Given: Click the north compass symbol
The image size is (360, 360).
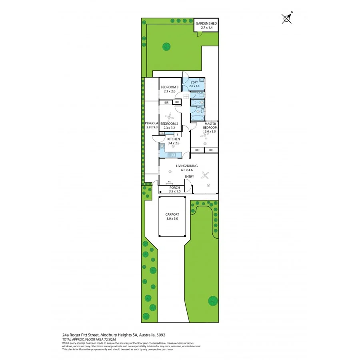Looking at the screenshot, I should pyautogui.click(x=287, y=18).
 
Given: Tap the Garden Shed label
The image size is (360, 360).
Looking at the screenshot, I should pyautogui.click(x=206, y=24).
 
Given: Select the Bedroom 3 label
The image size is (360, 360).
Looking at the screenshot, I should pyautogui.click(x=169, y=87).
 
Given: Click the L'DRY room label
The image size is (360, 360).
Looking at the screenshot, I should pyautogui.click(x=194, y=82).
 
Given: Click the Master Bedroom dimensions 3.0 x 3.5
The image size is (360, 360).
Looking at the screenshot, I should pyautogui.click(x=210, y=131).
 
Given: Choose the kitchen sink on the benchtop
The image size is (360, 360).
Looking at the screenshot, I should pyautogui.click(x=172, y=154).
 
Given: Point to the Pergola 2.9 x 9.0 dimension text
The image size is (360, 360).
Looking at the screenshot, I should pyautogui.click(x=152, y=127).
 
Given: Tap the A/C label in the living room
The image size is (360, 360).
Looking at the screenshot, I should pyautogui.click(x=169, y=182).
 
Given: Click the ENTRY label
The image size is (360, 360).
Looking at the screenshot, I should pyautogui.click(x=189, y=176).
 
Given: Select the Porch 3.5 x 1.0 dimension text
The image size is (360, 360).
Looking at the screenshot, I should pyautogui.click(x=175, y=192).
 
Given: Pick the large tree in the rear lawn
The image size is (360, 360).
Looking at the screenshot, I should pyautogui.click(x=165, y=45).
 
